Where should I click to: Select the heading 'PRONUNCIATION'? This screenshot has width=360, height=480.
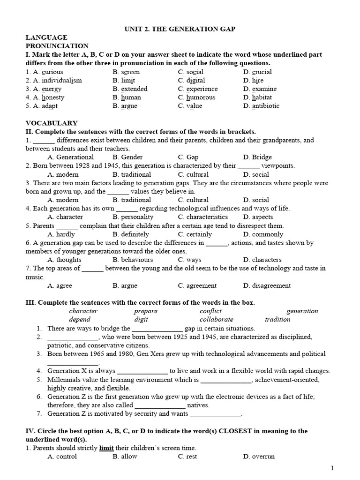pyautogui.click(x=57, y=46)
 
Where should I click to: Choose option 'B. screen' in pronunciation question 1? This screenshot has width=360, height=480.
pyautogui.click(x=126, y=72)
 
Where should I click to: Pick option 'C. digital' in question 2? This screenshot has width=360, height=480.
pyautogui.click(x=192, y=81)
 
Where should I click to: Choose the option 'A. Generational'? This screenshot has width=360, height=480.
pyautogui.click(x=71, y=157)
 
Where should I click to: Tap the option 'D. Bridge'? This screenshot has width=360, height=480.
pyautogui.click(x=257, y=157)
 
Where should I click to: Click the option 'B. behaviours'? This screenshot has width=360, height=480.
pyautogui.click(x=133, y=260)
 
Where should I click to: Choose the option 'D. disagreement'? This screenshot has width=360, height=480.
pyautogui.click(x=267, y=285)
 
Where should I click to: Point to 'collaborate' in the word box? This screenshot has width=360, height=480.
pyautogui.click(x=216, y=320)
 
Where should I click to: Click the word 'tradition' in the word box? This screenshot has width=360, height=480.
pyautogui.click(x=277, y=320)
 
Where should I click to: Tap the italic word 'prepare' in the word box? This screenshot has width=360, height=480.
pyautogui.click(x=146, y=311)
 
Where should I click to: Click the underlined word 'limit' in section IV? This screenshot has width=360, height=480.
pyautogui.click(x=106, y=448)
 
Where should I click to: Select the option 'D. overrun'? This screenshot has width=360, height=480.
pyautogui.click(x=259, y=457)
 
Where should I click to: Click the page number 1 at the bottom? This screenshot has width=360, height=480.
pyautogui.click(x=332, y=468)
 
